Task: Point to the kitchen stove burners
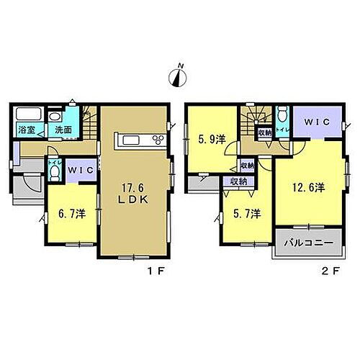point(156,139)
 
